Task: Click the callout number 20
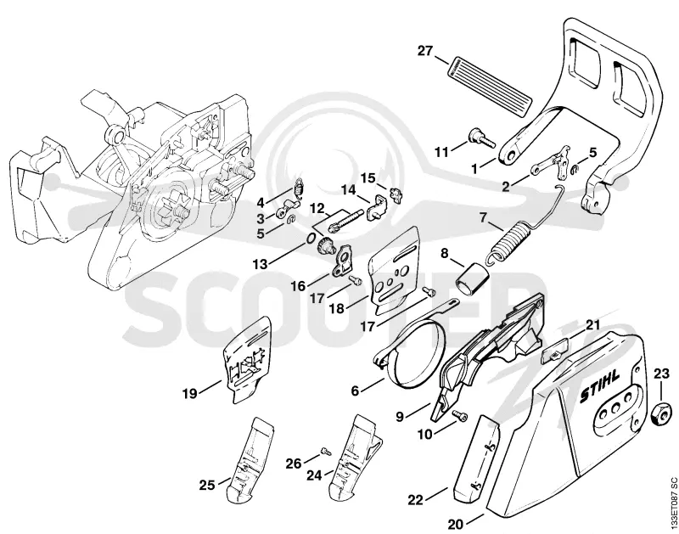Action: tap(456, 525)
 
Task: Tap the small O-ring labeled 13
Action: tap(311, 239)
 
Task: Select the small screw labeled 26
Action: tap(326, 452)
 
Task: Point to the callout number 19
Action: tap(189, 394)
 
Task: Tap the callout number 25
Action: tap(207, 485)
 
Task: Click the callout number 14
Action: tap(349, 189)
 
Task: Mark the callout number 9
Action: tap(400, 417)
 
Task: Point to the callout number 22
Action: tap(415, 500)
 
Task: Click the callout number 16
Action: tap(298, 286)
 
